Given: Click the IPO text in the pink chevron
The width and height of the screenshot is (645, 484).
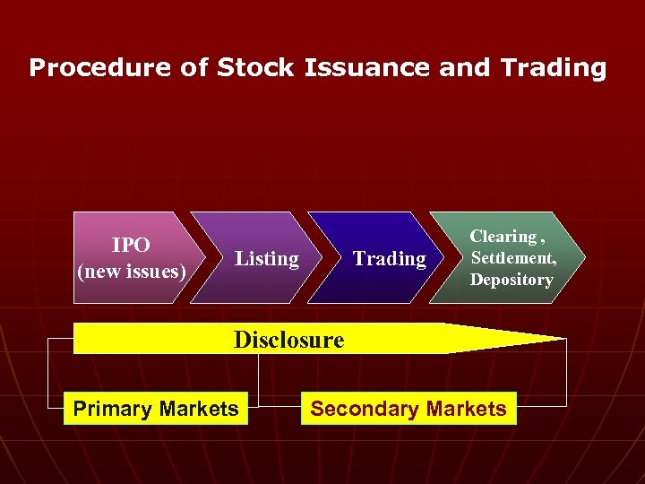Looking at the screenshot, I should pyautogui.click(x=131, y=245).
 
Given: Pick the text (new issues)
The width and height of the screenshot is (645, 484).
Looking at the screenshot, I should pyautogui.click(x=132, y=271).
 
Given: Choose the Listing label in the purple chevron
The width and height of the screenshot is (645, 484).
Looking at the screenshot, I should pyautogui.click(x=266, y=259).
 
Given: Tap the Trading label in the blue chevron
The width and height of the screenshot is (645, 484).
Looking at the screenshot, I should pyautogui.click(x=390, y=259).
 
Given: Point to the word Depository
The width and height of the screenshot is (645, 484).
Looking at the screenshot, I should pyautogui.click(x=512, y=280).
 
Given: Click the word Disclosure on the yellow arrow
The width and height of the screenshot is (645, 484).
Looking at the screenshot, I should pyautogui.click(x=288, y=340).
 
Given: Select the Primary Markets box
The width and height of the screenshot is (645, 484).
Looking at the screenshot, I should pyautogui.click(x=156, y=410).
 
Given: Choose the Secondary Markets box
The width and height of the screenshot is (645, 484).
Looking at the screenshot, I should pyautogui.click(x=408, y=410).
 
